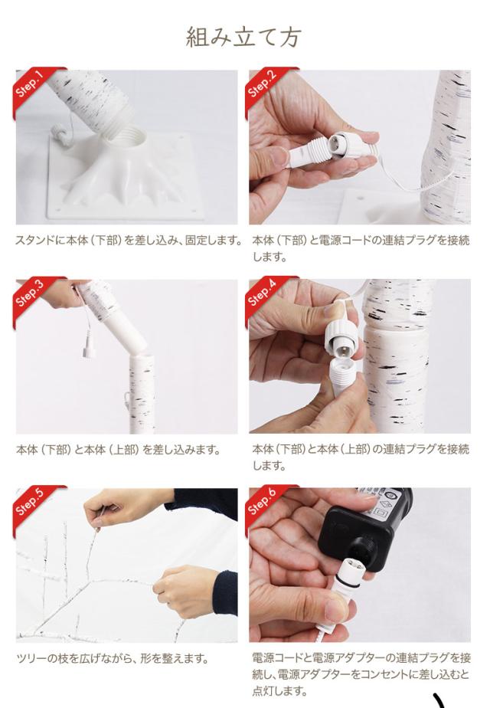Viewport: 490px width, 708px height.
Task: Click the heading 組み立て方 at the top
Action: click(243, 37)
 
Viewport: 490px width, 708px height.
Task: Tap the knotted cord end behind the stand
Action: click(60, 133)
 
